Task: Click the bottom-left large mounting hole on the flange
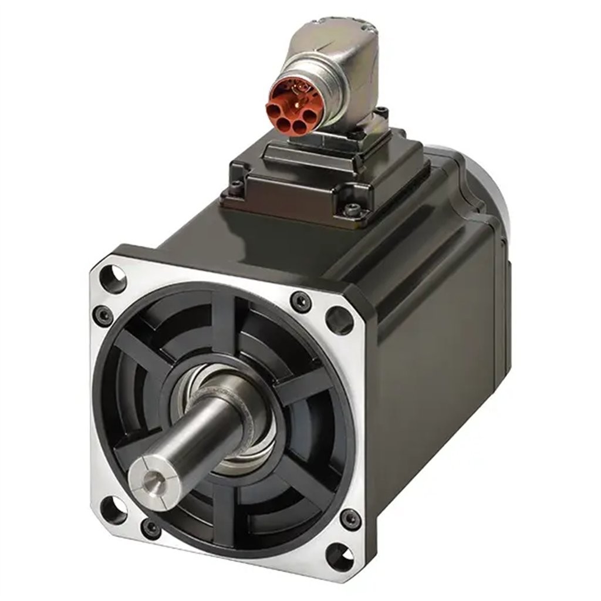[x=114, y=509]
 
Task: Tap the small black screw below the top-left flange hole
[x=104, y=316]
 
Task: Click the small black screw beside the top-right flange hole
[x=301, y=301]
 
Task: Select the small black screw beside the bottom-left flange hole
[x=151, y=528]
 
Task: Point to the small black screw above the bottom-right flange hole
[x=350, y=518]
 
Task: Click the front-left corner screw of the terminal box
[x=236, y=187]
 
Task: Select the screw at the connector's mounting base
[x=383, y=111]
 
